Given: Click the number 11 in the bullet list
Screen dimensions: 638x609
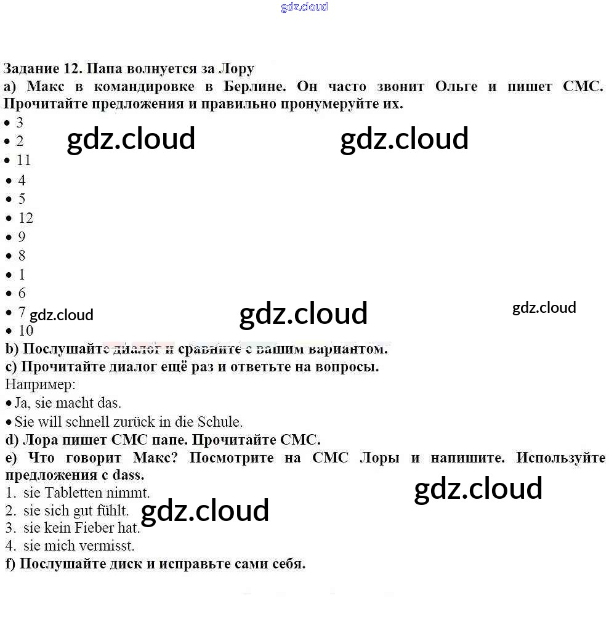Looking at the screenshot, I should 24,160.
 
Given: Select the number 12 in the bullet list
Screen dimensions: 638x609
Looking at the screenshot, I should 26,218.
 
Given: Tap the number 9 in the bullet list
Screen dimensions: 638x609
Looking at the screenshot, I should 22,236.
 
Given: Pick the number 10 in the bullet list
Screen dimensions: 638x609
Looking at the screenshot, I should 26,331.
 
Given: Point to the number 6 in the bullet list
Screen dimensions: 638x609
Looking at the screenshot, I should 22,293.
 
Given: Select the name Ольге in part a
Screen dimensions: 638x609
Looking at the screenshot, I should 456,86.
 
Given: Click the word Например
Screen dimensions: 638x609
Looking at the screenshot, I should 40,385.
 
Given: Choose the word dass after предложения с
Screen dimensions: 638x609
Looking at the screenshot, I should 128,475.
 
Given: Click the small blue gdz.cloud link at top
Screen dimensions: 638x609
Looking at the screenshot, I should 304,7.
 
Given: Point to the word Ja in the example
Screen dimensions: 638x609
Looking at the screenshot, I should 22,403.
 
